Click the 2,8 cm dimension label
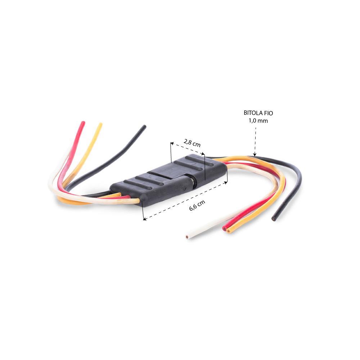click(x=192, y=143)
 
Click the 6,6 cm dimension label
click(x=197, y=205)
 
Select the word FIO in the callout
click(x=269, y=113)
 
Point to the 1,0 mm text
click(x=258, y=121)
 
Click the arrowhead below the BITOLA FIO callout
click(x=255, y=155)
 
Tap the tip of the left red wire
click(x=84, y=123)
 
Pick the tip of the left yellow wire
click(x=100, y=124)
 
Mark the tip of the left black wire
click(x=144, y=126)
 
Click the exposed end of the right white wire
click(x=188, y=237)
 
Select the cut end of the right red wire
click(x=224, y=229)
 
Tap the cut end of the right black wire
click(x=274, y=219)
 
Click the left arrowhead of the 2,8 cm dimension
click(x=172, y=144)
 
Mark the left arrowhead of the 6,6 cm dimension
click(x=145, y=219)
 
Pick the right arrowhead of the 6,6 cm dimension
click(x=226, y=183)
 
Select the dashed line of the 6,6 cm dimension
click(x=185, y=201)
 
